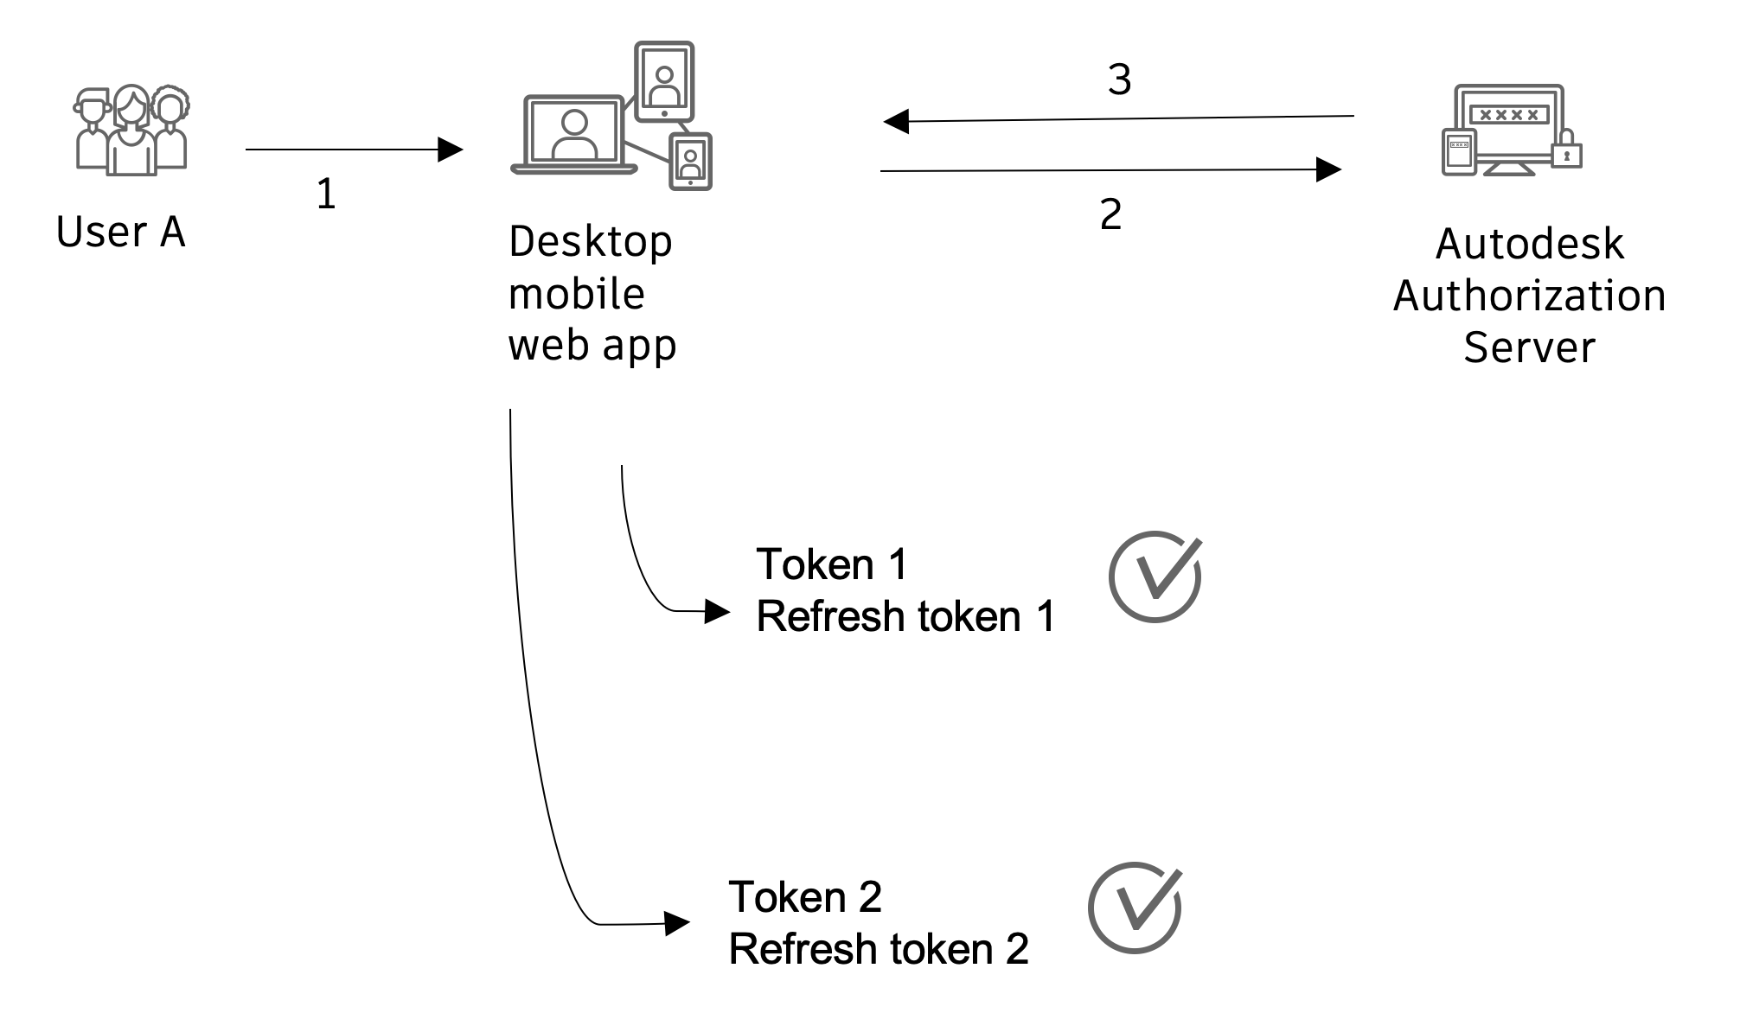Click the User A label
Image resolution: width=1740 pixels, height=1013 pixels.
[x=121, y=232]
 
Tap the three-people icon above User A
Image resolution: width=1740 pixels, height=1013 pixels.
[x=131, y=131]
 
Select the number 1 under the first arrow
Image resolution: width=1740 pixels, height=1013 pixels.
[x=326, y=194]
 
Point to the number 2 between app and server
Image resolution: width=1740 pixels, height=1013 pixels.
[x=1111, y=214]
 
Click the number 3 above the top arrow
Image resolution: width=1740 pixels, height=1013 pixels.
[x=1120, y=80]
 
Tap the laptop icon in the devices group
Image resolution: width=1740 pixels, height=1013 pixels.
[x=574, y=135]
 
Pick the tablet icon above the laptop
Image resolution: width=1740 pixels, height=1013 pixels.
[x=664, y=81]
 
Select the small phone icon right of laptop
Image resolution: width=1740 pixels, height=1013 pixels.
[x=690, y=162]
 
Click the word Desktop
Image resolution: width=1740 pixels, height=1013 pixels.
[x=591, y=241]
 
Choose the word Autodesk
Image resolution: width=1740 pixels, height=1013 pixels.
[x=1529, y=244]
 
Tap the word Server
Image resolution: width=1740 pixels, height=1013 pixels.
[x=1529, y=347]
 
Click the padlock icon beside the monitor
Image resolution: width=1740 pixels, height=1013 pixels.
[x=1566, y=150]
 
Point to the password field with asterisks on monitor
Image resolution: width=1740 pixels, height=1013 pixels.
[x=1508, y=114]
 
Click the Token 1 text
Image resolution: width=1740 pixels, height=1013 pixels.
[x=832, y=564]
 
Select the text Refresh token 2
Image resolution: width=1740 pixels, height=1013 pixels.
[x=879, y=949]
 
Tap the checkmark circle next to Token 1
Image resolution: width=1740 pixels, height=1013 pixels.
[x=1155, y=577]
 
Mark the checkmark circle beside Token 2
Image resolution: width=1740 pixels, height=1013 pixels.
[x=1135, y=908]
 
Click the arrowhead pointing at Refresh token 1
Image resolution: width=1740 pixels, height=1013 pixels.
[x=717, y=612]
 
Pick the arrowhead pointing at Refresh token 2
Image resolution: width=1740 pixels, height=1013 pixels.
[x=676, y=923]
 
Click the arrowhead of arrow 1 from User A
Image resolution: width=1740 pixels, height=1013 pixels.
[x=450, y=150]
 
